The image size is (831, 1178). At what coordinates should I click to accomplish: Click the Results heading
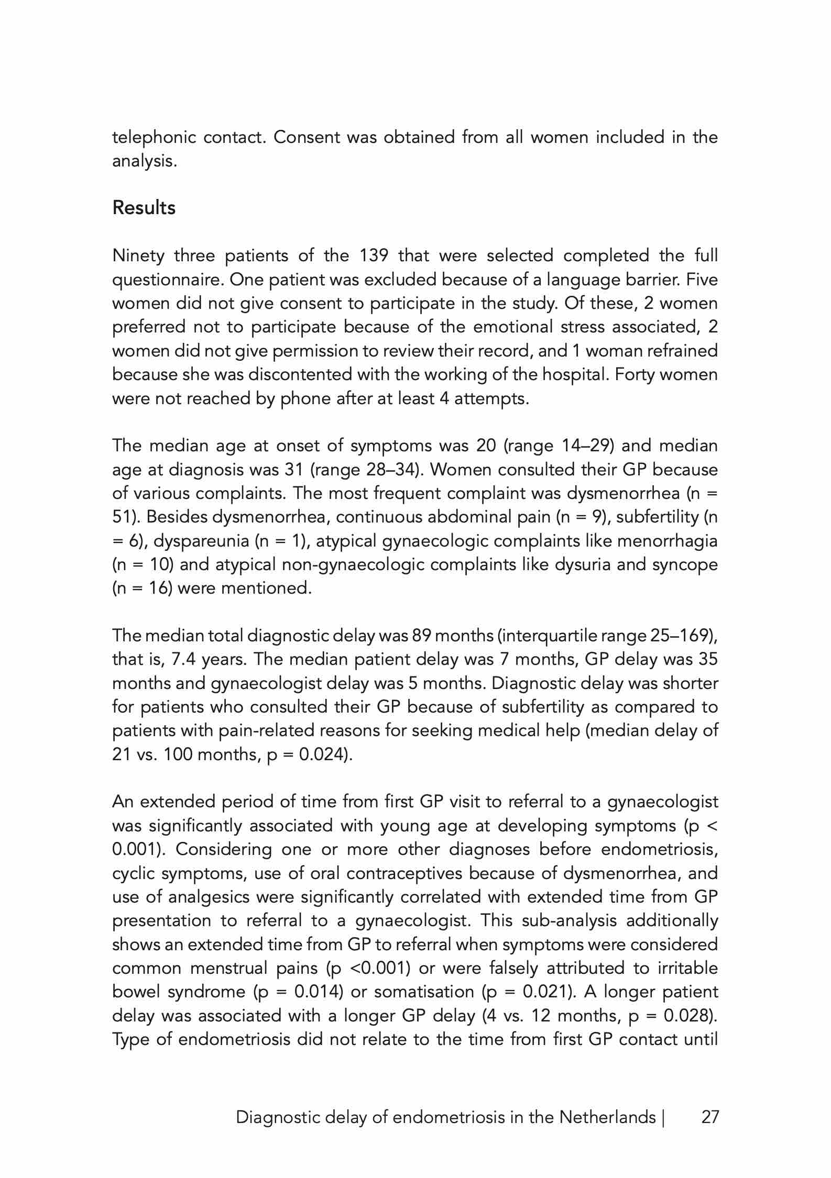pyautogui.click(x=144, y=208)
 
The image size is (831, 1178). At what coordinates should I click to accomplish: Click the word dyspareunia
pyautogui.click(x=202, y=541)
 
